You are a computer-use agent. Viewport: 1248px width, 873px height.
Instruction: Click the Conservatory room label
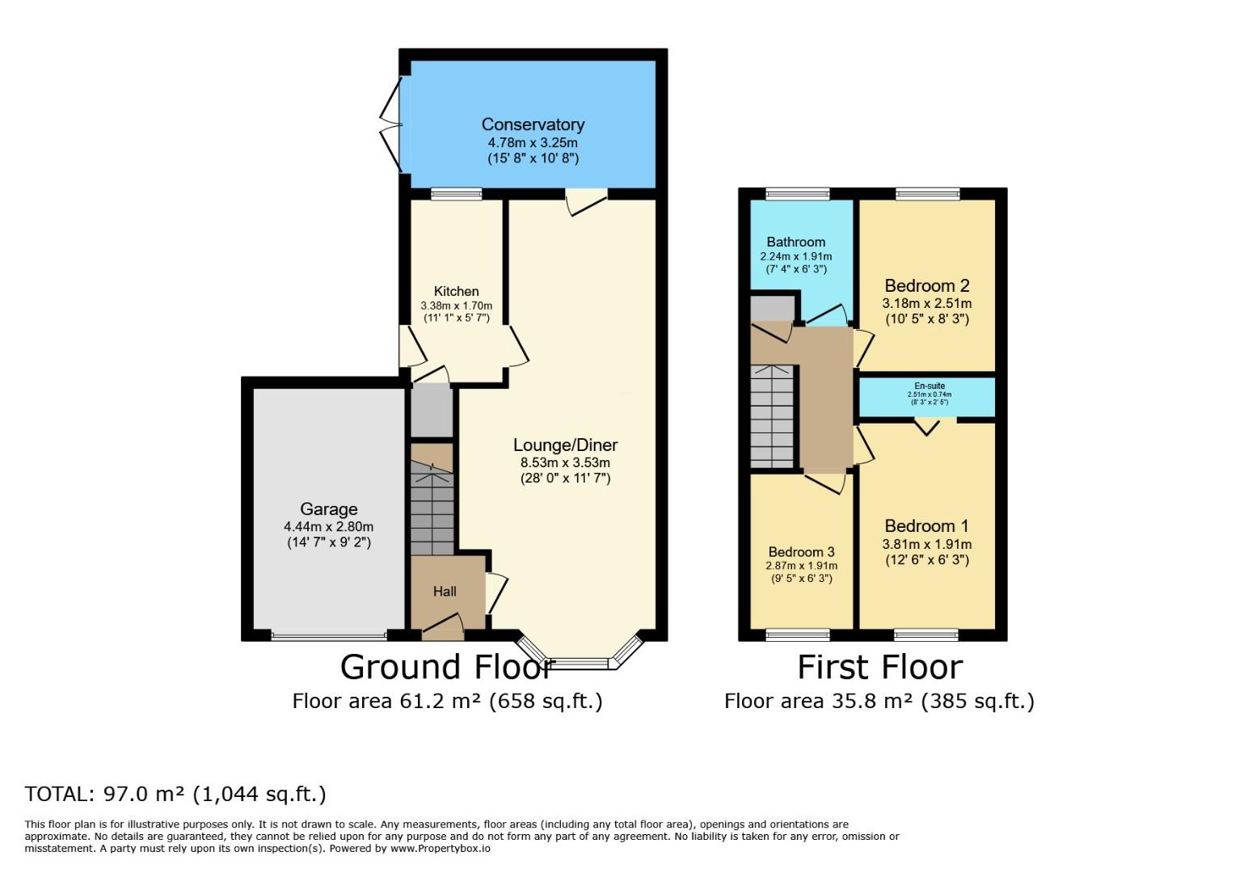(533, 124)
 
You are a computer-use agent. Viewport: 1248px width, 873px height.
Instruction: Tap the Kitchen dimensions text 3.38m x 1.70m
(456, 306)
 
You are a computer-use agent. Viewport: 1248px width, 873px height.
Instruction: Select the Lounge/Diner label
(565, 445)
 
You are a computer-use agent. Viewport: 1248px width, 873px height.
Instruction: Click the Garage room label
(328, 509)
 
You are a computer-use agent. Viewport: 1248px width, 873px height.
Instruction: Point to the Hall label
(445, 592)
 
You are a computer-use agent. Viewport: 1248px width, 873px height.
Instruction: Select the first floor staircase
(773, 415)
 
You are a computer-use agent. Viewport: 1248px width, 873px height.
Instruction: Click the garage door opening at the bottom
(329, 636)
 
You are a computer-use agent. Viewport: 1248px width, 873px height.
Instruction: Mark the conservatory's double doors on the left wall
(393, 125)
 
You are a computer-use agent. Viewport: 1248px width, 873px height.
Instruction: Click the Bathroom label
(796, 242)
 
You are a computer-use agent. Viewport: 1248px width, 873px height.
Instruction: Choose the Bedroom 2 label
(926, 285)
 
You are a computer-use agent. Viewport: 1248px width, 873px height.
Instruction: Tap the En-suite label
(930, 386)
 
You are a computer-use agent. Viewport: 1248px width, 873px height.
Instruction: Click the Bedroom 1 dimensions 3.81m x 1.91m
(926, 545)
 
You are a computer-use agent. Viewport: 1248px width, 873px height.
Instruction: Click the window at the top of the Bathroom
(798, 193)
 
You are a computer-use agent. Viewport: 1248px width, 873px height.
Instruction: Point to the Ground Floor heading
(447, 668)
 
